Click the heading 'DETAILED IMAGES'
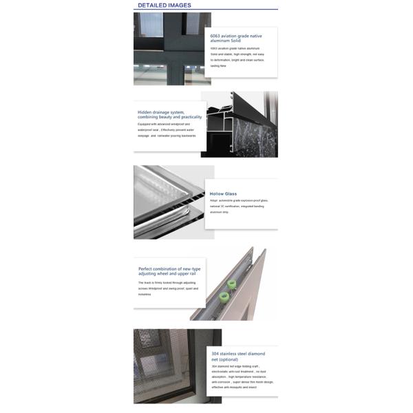click(165, 6)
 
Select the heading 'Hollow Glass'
click(223, 194)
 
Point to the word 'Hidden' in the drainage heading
click(145, 112)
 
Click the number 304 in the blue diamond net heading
click(216, 354)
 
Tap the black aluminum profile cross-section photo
click(239, 125)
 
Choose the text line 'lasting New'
click(218, 65)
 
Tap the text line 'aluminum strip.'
click(220, 212)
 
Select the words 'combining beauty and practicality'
click(169, 117)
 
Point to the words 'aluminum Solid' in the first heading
click(225, 41)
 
